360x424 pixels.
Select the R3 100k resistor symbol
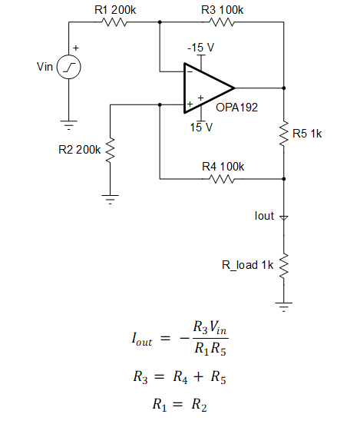(x=222, y=22)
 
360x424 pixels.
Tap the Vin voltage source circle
(x=69, y=68)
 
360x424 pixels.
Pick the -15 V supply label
(x=200, y=48)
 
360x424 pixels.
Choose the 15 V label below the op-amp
(x=201, y=127)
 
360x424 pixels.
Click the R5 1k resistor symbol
(x=284, y=133)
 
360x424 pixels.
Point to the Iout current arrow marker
(x=284, y=217)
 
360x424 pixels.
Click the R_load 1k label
(x=247, y=265)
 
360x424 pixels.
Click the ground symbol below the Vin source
(x=69, y=123)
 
